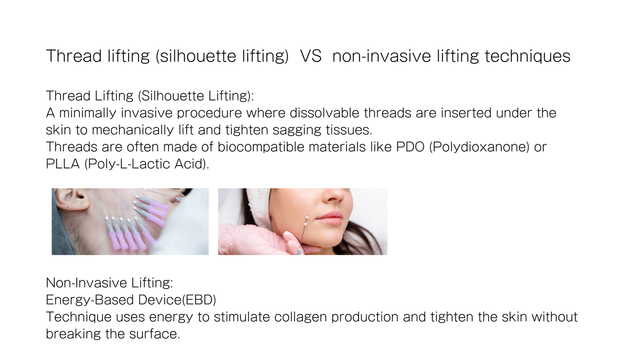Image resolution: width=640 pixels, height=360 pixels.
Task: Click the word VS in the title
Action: coord(310,56)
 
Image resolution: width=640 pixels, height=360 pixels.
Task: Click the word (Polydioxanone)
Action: coord(479,147)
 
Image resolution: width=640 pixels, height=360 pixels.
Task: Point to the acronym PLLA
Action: coord(62,164)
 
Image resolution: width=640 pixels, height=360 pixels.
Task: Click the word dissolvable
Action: coord(324,112)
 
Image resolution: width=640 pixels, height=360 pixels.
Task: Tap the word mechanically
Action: coord(133,130)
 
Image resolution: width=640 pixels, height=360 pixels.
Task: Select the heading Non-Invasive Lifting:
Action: coord(110,283)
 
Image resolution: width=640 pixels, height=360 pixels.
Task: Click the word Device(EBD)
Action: coord(177,300)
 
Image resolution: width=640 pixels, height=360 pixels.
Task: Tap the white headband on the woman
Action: coord(259,207)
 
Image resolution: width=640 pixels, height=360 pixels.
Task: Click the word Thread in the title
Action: coord(74,56)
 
